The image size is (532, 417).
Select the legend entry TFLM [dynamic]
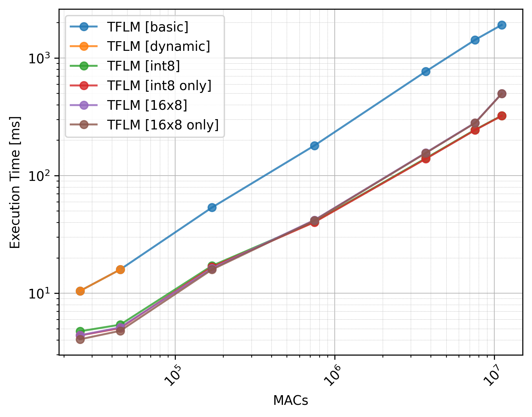159,46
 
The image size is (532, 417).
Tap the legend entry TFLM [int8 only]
159,85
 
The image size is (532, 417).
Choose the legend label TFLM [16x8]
147,105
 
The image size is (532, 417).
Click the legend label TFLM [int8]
143,66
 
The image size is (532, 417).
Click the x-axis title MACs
290,400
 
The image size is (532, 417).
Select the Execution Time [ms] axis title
15,182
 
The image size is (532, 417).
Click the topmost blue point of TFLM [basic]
502,25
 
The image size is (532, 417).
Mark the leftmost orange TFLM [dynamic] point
80,291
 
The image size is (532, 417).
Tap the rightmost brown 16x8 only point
502,94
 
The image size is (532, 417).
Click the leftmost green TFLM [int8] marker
80,331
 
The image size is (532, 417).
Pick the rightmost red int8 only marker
502,116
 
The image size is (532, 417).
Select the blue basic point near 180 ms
314,146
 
